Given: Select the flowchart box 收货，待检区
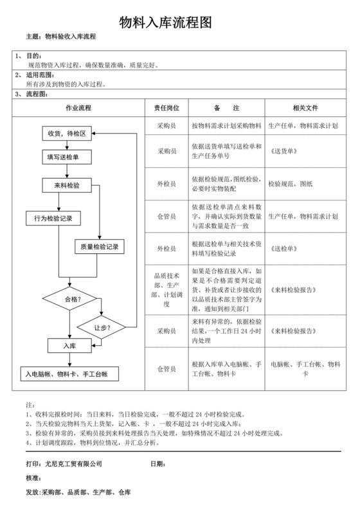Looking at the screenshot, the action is coord(67,134).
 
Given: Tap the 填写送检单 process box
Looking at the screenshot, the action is coord(62,157).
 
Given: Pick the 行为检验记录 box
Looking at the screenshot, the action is coord(53,219).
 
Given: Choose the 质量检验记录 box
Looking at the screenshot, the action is coord(98,247).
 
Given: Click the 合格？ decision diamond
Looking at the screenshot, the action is coord(69,299).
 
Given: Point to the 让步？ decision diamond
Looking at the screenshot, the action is coord(102,328).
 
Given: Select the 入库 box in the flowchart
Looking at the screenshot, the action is coord(69,346).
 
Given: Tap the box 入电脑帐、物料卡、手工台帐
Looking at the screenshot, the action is coord(66,373).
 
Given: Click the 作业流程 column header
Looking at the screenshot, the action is coord(78,108).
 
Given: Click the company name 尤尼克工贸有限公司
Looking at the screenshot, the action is coord(74,464).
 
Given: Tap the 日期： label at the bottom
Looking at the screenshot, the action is coord(158,464).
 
